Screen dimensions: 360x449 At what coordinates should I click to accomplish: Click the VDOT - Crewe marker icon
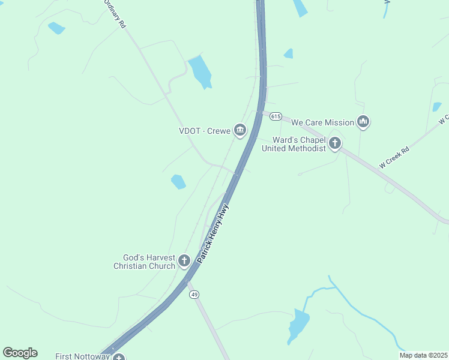(240, 130)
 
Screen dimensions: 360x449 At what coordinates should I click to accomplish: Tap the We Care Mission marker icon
(363, 122)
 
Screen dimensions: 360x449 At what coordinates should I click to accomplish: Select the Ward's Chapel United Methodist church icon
(335, 143)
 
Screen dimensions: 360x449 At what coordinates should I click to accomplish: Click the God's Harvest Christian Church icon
(184, 261)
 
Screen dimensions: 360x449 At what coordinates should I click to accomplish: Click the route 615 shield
(276, 116)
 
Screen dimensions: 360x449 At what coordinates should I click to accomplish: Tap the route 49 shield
(194, 294)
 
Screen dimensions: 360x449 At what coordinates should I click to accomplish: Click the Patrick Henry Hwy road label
(214, 235)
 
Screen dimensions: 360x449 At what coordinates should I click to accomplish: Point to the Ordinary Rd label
(115, 13)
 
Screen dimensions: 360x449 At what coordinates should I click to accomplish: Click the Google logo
(20, 353)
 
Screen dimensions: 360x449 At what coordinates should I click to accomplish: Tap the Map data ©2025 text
(424, 355)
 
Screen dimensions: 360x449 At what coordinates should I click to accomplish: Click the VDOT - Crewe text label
(205, 130)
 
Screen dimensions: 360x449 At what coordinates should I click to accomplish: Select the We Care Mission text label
(322, 122)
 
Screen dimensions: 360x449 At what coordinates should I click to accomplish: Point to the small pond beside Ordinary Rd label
(56, 28)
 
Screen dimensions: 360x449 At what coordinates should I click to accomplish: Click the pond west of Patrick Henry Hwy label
(178, 181)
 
